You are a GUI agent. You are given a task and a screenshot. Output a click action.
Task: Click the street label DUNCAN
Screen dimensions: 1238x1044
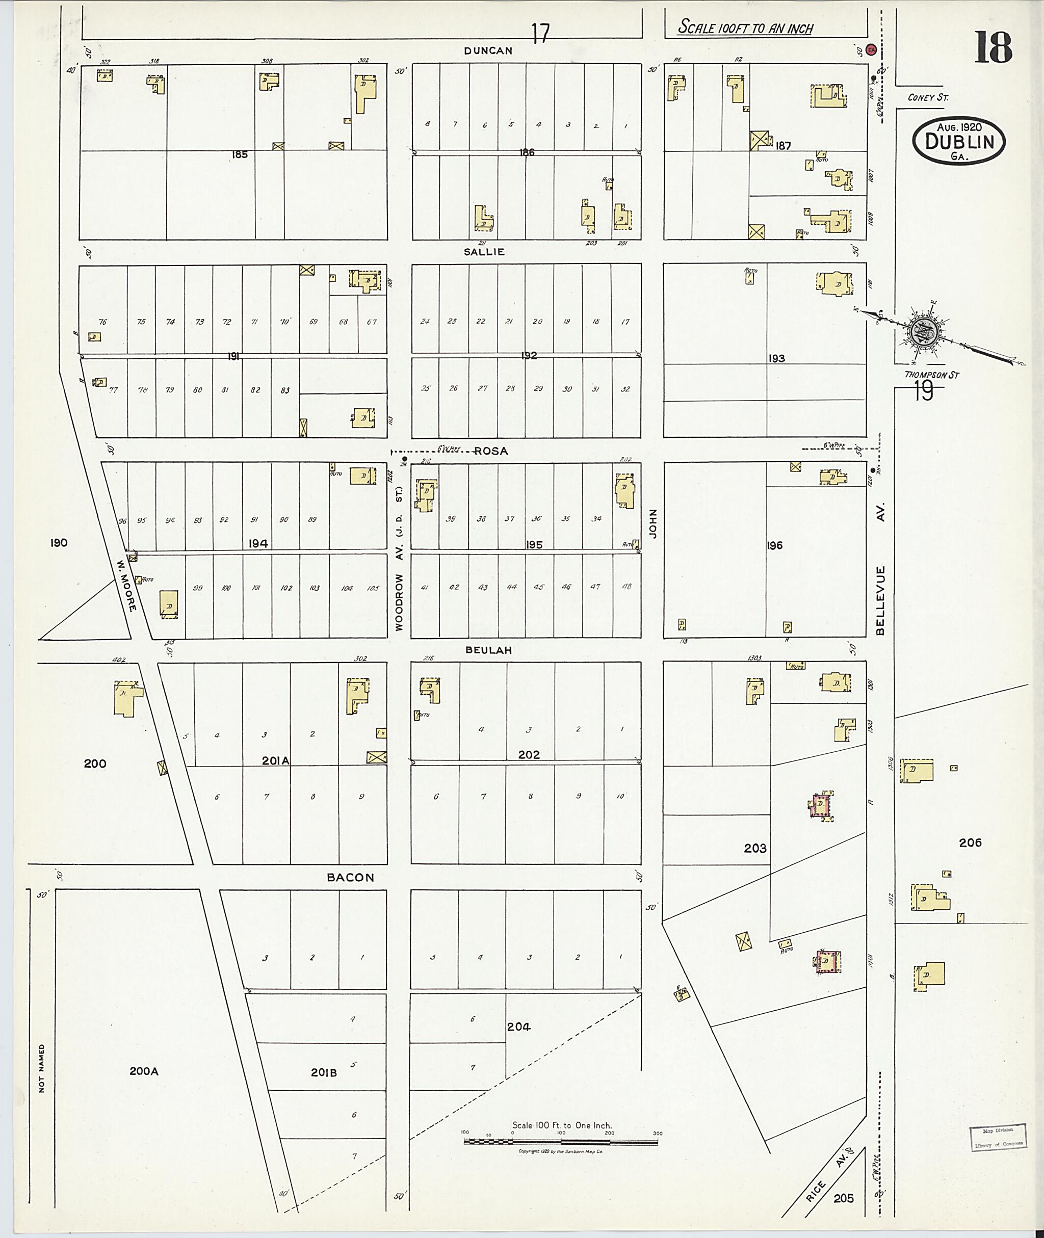[488, 51]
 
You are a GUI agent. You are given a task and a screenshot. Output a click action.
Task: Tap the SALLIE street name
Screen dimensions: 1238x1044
[484, 251]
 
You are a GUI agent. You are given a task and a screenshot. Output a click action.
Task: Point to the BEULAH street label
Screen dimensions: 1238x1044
[488, 650]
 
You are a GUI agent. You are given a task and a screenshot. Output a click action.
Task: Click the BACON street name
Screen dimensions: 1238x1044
[351, 878]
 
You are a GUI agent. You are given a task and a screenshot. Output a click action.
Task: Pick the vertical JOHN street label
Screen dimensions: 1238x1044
[654, 524]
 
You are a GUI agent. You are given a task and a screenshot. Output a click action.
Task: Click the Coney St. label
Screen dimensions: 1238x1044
[928, 97]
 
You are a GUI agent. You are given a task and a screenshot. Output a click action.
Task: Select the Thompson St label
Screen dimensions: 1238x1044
[931, 375]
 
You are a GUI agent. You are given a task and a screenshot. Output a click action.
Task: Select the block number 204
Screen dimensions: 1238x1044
[518, 1026]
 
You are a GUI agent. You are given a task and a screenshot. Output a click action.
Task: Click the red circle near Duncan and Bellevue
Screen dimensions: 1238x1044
[871, 50]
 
